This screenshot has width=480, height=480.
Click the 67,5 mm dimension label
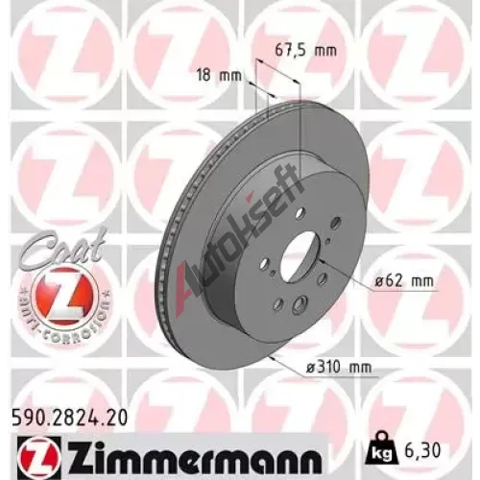coord(306,51)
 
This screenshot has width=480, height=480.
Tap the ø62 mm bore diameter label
coord(404,281)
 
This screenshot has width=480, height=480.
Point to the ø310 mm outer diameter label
coord(339,367)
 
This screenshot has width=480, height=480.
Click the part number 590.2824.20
coord(70,418)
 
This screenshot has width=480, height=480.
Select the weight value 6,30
coord(421,450)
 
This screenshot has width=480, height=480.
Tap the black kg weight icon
coord(383,448)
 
